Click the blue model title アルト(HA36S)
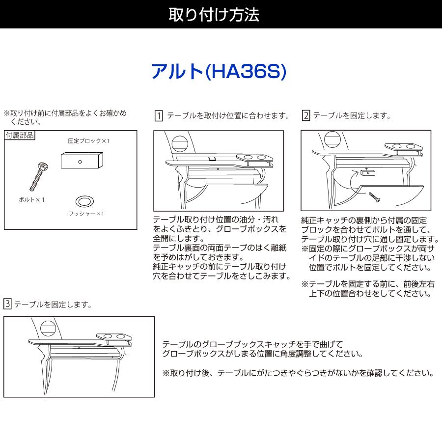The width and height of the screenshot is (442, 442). (218, 72)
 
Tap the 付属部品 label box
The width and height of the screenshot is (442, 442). (20, 135)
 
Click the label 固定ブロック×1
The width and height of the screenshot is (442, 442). (89, 141)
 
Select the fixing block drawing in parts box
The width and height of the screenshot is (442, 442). (82, 160)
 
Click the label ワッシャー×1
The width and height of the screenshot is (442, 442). (86, 214)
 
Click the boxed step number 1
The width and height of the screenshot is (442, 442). (159, 116)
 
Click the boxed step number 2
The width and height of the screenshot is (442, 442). (305, 116)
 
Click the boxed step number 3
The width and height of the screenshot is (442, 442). (7, 304)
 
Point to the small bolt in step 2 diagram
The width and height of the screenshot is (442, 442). (374, 197)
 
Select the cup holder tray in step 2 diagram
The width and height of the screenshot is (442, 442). (403, 147)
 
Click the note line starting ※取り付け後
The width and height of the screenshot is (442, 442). (298, 373)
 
